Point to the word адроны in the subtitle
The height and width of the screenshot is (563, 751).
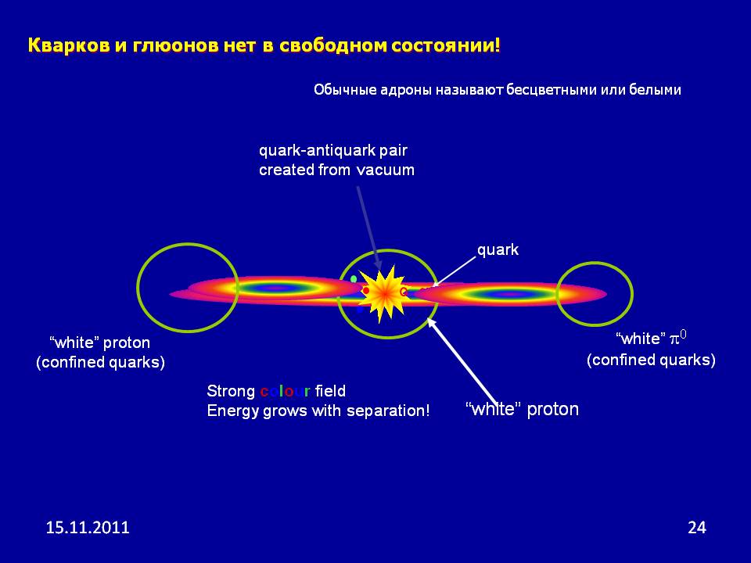(407, 90)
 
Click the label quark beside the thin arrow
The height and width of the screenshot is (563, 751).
(498, 250)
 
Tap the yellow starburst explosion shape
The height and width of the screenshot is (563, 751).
(383, 294)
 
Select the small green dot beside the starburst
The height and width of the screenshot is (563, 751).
(354, 279)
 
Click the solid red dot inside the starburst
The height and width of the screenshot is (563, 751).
(366, 291)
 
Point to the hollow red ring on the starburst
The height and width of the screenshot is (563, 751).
(404, 291)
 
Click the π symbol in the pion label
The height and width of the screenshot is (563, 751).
(674, 340)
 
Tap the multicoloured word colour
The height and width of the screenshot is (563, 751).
(285, 392)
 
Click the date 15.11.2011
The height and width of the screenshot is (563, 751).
(88, 528)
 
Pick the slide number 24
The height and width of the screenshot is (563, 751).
(697, 528)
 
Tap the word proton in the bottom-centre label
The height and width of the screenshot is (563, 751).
(553, 410)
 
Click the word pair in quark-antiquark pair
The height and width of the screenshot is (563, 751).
(393, 151)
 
